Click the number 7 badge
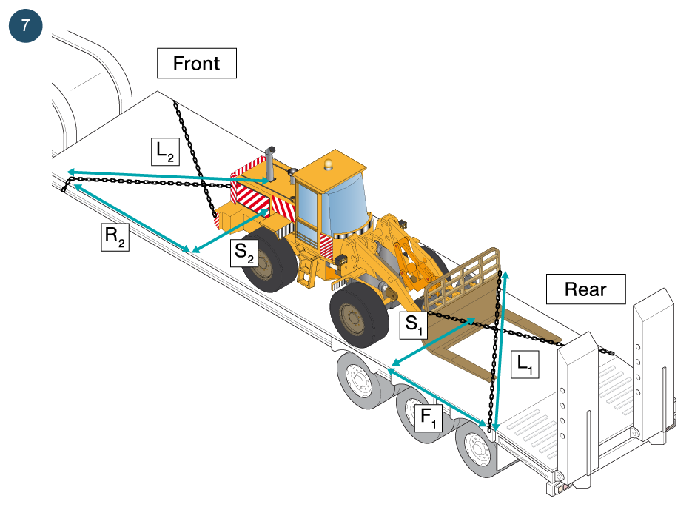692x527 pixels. pos(26,26)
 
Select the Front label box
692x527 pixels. pos(196,64)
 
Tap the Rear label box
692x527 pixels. pos(585,289)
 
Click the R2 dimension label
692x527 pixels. pos(115,238)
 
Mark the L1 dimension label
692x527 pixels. pos(525,364)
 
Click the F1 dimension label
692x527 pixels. pos(430,418)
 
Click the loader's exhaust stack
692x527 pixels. pos(270,164)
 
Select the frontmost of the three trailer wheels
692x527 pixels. pos(360,380)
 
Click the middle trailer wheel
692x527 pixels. pos(417,414)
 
